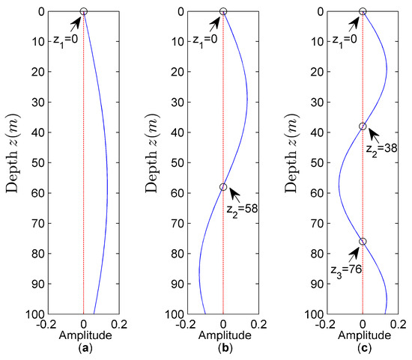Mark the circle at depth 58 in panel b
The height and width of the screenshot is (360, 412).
223,187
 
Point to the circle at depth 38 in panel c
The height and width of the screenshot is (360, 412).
363,126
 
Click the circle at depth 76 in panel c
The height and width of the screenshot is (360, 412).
363,242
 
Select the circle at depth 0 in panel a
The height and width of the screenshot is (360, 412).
84,11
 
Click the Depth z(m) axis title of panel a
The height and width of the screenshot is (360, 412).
16,162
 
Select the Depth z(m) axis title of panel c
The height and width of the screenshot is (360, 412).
295,162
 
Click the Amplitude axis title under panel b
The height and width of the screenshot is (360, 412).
223,336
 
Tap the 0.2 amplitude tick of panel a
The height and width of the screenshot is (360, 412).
120,325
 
